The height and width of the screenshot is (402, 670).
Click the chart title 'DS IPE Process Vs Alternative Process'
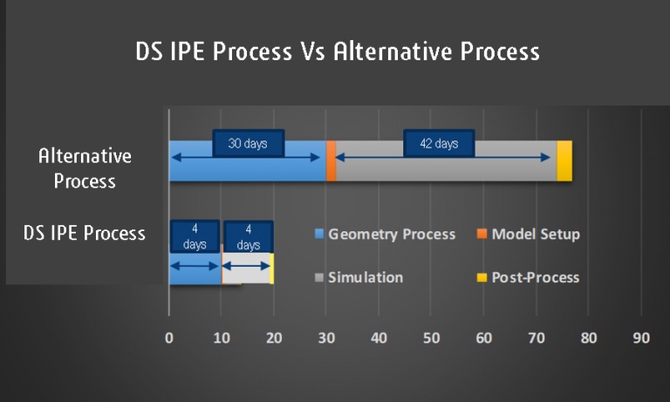tap(337, 51)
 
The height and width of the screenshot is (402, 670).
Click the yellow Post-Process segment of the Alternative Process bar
tap(564, 160)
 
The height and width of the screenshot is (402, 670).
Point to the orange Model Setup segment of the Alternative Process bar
tap(331, 160)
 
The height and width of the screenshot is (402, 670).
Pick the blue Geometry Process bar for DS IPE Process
tap(195, 274)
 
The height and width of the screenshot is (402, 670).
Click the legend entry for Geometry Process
tap(392, 234)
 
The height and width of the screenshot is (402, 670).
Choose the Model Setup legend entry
tap(535, 234)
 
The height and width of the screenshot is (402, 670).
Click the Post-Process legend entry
tap(535, 277)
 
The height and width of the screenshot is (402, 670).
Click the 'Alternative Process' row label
tap(85, 168)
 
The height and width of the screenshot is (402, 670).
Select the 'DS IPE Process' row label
tap(85, 234)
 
